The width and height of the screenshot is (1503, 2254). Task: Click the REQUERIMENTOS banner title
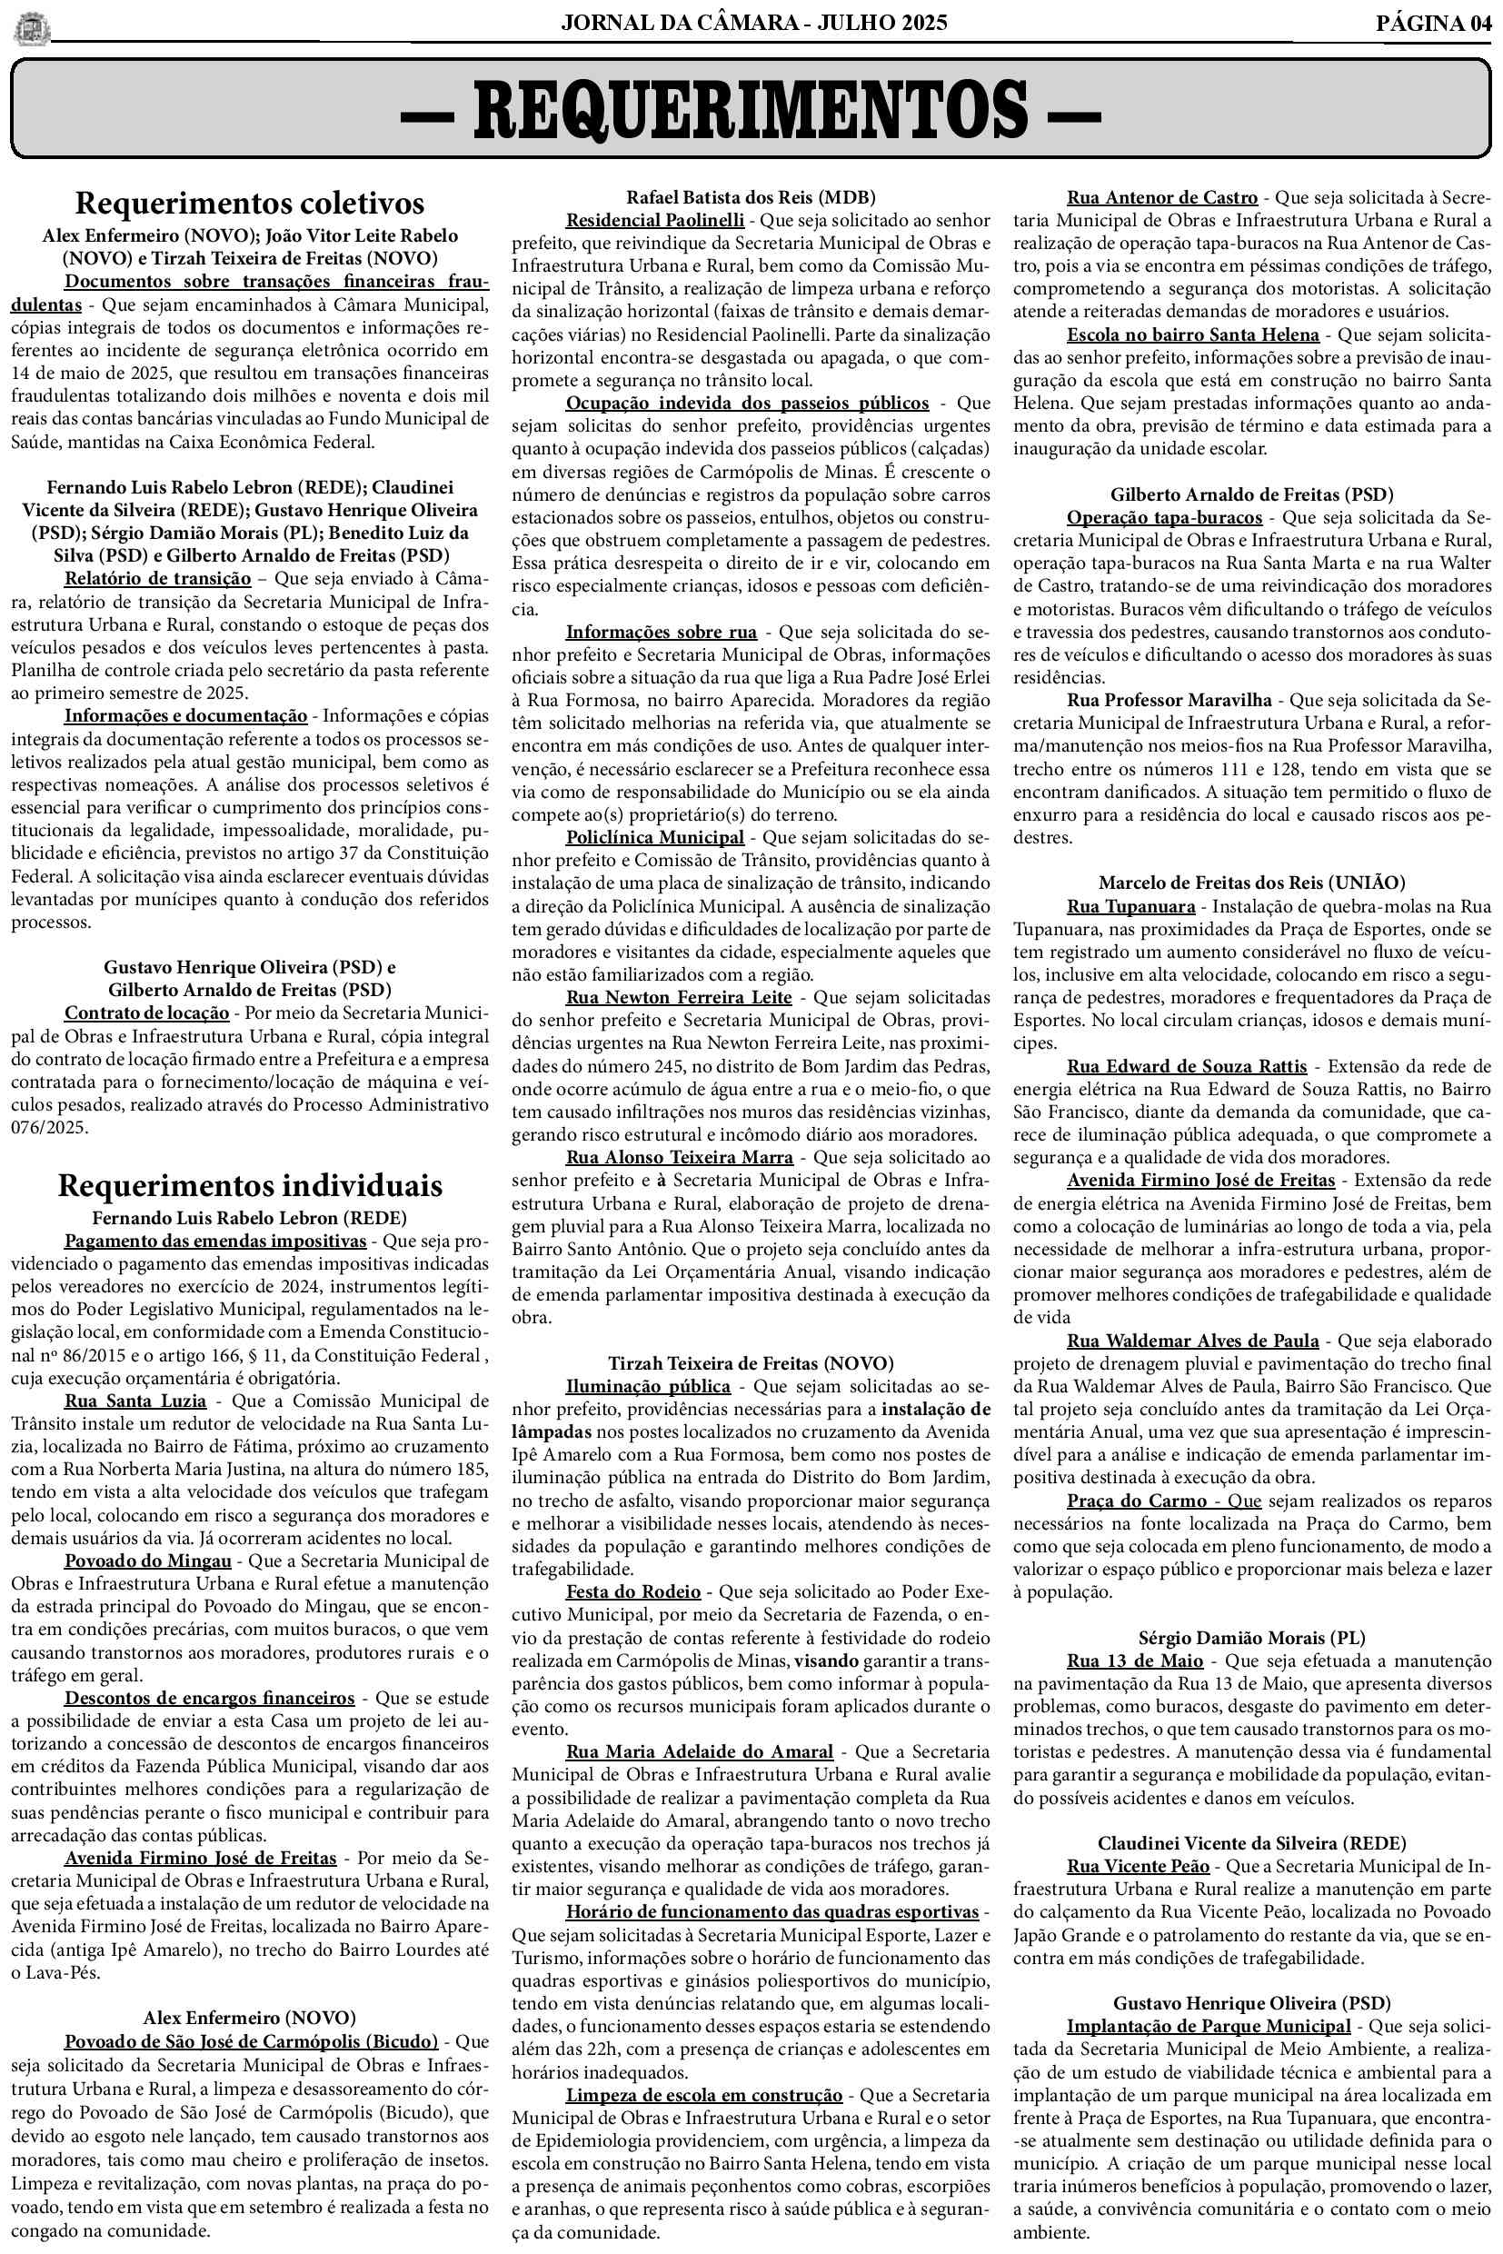tap(751, 108)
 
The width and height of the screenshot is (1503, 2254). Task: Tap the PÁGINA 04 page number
tap(1433, 23)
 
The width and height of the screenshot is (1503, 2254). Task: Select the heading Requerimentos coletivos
tap(249, 204)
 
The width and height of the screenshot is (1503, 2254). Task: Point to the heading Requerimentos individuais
tap(249, 1185)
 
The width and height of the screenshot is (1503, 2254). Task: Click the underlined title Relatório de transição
tap(157, 578)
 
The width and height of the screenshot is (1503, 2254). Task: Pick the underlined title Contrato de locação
tap(146, 1012)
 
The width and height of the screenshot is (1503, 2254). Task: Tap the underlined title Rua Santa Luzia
tap(135, 1401)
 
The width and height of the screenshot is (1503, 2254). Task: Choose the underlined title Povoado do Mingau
tap(147, 1561)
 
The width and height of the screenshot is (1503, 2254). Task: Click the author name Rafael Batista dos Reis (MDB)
tap(751, 197)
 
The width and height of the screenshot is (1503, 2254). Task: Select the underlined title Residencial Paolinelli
tap(654, 221)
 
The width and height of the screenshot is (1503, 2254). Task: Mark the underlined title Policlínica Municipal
tap(654, 837)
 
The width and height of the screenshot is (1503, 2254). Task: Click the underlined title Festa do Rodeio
tap(632, 1591)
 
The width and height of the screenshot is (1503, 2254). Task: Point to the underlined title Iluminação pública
tap(648, 1386)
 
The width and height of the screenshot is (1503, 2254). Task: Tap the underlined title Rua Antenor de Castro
tap(1161, 197)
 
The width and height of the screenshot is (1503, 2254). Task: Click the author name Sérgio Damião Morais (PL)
tap(1252, 1638)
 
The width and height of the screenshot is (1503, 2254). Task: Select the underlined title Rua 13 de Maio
tap(1135, 1661)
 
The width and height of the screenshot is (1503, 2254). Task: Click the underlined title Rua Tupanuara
tap(1131, 906)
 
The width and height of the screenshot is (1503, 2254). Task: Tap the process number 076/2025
tap(50, 1128)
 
